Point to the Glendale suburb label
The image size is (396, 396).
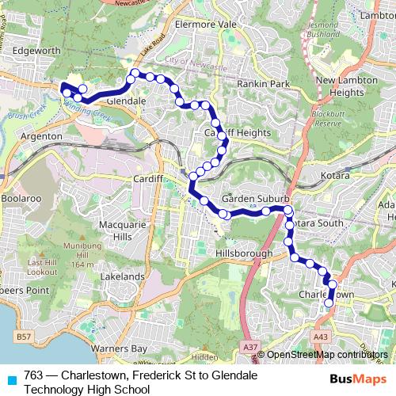[124, 101]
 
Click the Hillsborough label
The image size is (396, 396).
[243, 253]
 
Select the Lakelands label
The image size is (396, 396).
[121, 278]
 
